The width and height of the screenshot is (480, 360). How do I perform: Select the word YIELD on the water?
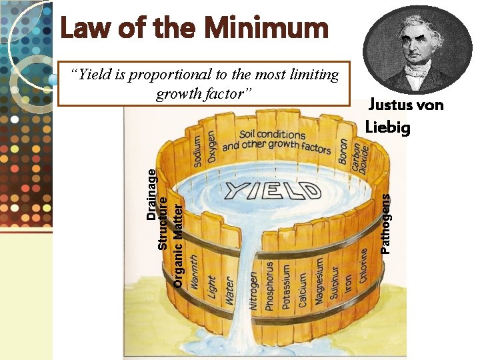(273, 189)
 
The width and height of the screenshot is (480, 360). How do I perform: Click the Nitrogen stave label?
(254, 289)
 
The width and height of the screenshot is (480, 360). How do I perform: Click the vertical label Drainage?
(151, 194)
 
